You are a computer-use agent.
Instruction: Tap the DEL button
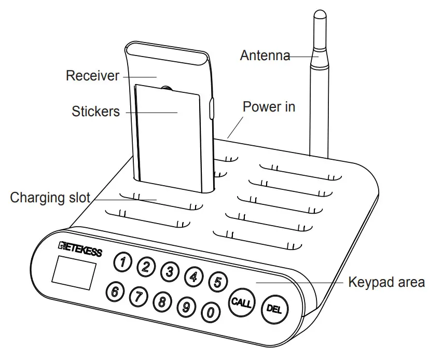pos(273,308)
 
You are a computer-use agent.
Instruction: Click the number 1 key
pos(122,262)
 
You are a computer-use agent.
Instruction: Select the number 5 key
pos(217,282)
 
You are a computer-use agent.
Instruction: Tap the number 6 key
pos(115,292)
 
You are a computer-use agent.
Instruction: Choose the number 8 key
pos(162,301)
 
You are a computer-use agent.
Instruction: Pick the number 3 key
pos(169,271)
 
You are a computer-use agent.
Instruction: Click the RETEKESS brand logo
pos(80,250)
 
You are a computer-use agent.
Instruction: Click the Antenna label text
pos(265,56)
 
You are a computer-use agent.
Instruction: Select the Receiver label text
pos(92,76)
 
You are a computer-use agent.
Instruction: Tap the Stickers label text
pos(96,112)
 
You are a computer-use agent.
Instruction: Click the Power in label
pos(269,107)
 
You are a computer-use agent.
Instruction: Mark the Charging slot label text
pos(50,198)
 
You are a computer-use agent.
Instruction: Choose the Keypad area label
pos(386,283)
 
